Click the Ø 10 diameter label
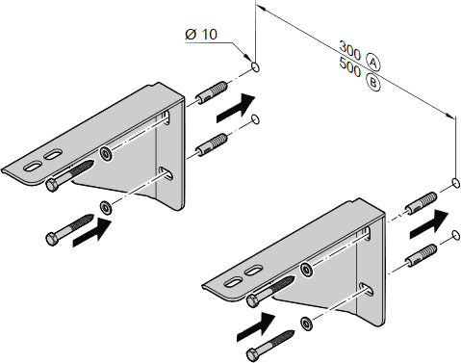[x=201, y=34]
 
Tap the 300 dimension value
[x=350, y=50]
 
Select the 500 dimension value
[x=350, y=67]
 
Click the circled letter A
[x=373, y=63]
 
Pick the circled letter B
[x=373, y=83]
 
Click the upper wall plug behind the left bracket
[x=212, y=92]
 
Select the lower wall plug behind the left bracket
[x=212, y=144]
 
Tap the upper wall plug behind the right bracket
[x=421, y=203]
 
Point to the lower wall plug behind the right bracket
[x=421, y=255]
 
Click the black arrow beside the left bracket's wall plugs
[x=236, y=108]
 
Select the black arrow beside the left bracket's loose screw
[x=92, y=232]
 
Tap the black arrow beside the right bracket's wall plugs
[x=429, y=224]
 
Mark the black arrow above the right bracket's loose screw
[x=256, y=327]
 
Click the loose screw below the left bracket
[x=69, y=230]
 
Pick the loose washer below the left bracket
[x=106, y=207]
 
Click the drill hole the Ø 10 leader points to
[x=256, y=67]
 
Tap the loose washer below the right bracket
[x=307, y=324]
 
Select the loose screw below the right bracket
[x=270, y=346]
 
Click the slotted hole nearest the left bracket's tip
[x=33, y=167]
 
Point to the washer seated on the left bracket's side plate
[x=106, y=154]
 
